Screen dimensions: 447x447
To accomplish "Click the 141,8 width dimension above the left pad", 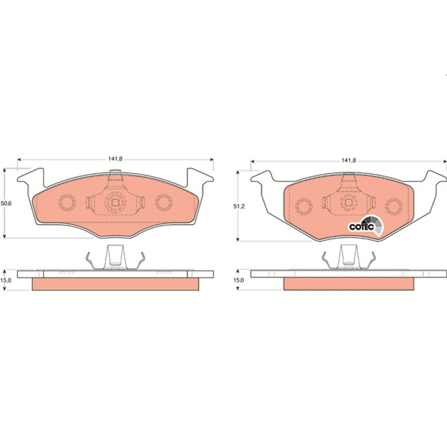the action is pos(115,159).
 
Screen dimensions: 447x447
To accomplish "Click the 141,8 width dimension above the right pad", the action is pos(349,160).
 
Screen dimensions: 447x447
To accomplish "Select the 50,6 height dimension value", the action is pos(6,203).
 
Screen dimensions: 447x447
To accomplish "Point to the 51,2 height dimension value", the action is pos(239,206).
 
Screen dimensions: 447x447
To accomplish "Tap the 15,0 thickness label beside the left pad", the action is pos(6,280).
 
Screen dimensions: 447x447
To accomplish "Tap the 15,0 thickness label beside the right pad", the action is pos(239,280).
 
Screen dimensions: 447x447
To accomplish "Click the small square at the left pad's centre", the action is pos(115,203).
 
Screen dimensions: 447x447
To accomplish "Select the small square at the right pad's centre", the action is pos(348,203).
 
